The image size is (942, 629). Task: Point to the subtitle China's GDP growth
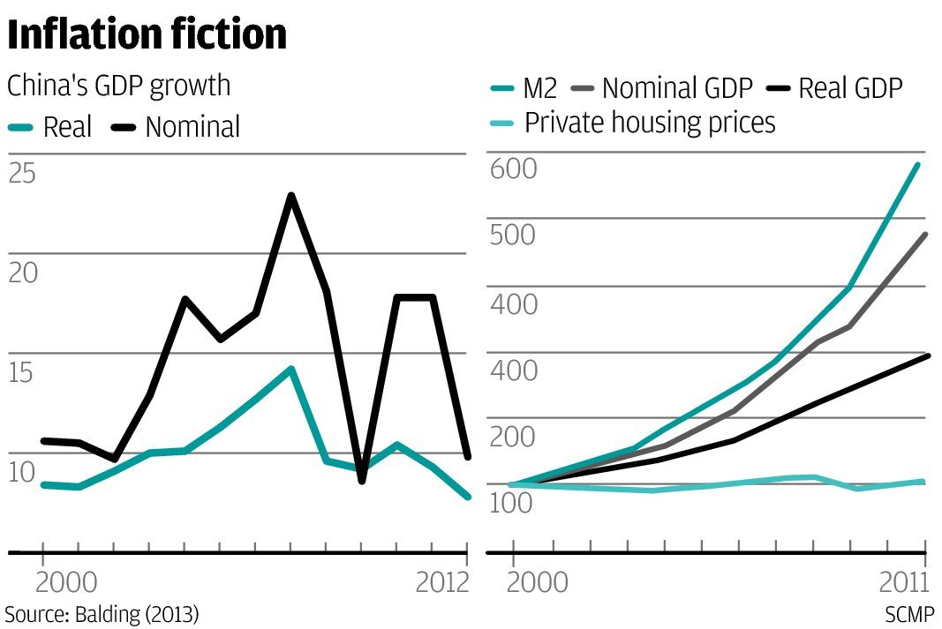[118, 86]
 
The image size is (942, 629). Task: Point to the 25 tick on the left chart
[22, 172]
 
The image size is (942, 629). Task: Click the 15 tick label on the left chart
[22, 371]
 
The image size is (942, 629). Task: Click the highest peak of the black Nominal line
[290, 195]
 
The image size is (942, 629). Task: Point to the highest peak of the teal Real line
[290, 369]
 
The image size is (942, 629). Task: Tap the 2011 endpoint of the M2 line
[918, 164]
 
